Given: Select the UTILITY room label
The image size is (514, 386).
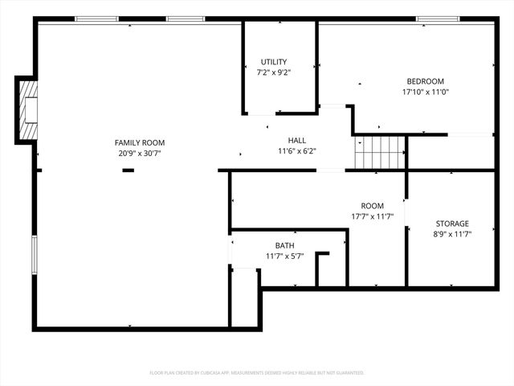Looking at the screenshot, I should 274,62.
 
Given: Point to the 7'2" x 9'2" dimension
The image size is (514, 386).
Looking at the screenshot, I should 274,72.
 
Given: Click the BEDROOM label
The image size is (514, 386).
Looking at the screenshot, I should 425,81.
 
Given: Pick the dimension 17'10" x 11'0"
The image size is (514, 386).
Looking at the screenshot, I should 425,92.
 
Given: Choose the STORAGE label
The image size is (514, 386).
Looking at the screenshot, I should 452,224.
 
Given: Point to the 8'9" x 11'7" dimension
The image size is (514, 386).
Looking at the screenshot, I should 452,234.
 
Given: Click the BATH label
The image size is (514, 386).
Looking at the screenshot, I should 285,246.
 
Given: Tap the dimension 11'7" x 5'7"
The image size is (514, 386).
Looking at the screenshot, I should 285,257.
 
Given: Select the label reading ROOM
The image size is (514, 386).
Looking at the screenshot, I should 372,206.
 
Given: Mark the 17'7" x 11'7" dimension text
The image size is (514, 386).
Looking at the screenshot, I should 372,216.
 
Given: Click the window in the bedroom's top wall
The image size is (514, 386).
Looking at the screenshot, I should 432,18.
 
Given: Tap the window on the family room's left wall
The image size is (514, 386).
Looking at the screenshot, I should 34,257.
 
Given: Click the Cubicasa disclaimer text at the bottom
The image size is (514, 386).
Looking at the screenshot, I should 257,373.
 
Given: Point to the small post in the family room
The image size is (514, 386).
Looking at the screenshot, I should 128,170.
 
